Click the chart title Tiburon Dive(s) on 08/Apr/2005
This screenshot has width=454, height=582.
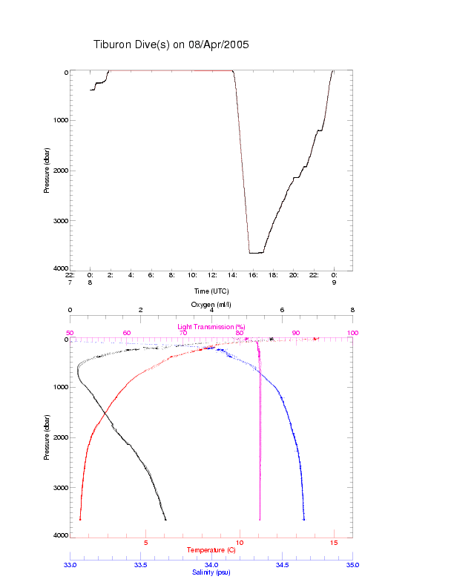[x=171, y=44]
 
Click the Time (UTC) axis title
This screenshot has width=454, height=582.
[x=211, y=291]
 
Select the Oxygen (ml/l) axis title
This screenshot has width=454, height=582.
[x=211, y=304]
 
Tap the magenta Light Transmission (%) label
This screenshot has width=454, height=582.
[x=211, y=326]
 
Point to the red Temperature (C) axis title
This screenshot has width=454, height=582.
[x=211, y=550]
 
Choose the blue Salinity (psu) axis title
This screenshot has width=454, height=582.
[x=211, y=572]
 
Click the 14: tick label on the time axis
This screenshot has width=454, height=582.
[x=233, y=274]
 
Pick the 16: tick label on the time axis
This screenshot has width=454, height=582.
[x=253, y=274]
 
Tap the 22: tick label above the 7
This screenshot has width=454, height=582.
[x=70, y=274]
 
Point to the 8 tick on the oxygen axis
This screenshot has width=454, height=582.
[x=352, y=310]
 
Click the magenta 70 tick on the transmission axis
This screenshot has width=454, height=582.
[x=183, y=333]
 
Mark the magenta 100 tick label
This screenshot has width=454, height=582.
[x=352, y=333]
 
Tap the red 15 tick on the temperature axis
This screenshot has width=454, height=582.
[x=334, y=543]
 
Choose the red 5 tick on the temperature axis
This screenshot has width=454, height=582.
[x=145, y=543]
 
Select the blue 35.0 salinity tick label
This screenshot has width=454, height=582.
[x=352, y=565]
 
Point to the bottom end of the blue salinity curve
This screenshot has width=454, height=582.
[x=304, y=519]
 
